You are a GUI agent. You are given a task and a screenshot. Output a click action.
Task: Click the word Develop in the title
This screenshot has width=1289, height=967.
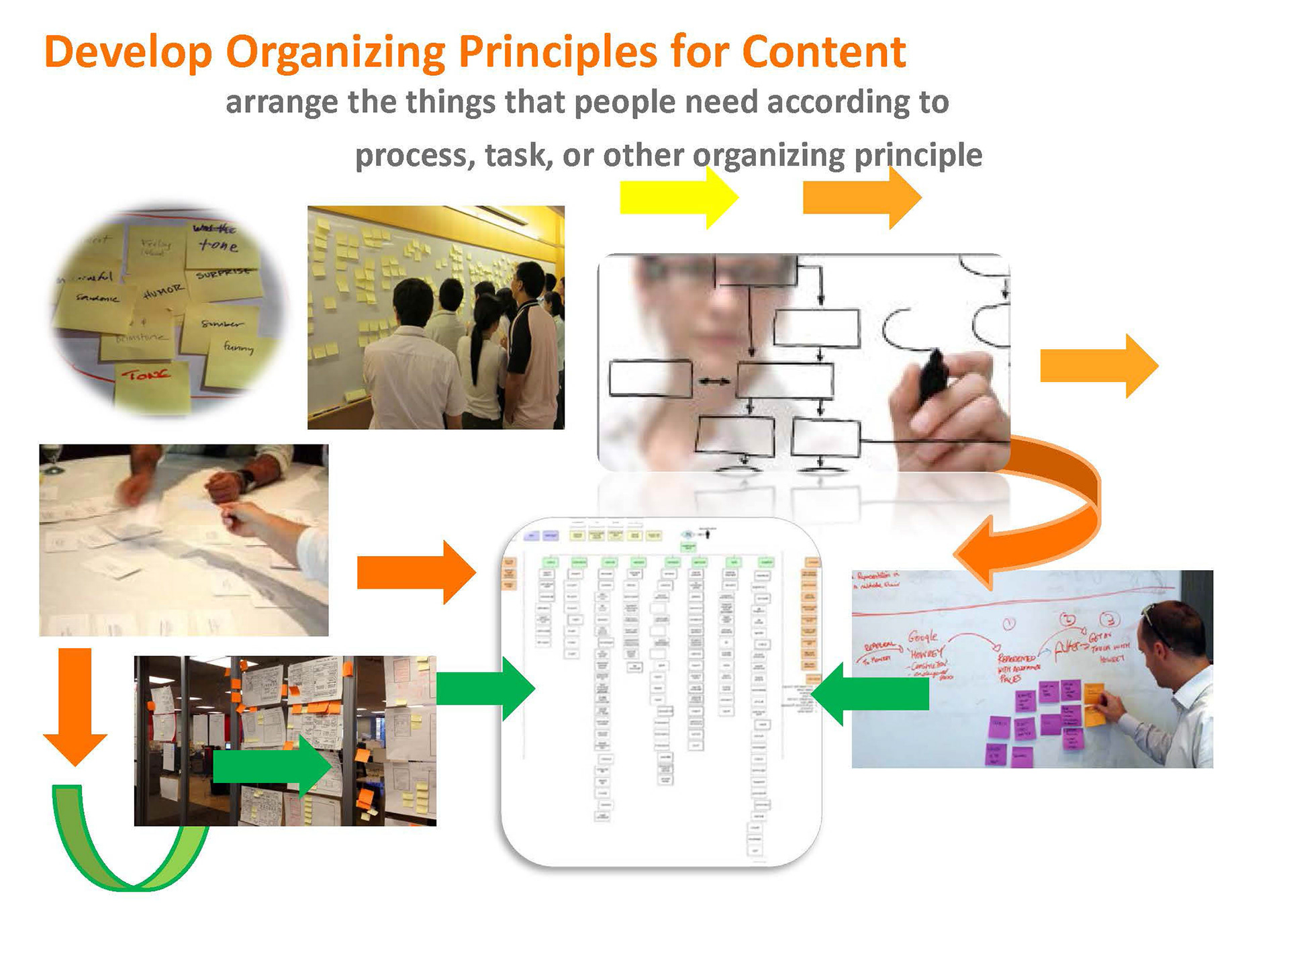coord(128,52)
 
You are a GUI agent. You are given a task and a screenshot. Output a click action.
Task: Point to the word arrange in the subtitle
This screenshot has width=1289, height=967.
coord(281,102)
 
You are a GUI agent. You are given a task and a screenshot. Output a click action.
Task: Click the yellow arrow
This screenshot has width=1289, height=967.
coord(678,198)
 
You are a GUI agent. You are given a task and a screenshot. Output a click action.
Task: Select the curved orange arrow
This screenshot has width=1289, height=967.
coord(1047,517)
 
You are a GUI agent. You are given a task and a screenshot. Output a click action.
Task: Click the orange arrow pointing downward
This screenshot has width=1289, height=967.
coord(75,705)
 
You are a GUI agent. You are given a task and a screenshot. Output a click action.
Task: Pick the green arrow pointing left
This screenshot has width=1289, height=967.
coord(873,694)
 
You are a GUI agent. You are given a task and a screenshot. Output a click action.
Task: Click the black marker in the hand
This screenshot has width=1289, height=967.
coord(933,376)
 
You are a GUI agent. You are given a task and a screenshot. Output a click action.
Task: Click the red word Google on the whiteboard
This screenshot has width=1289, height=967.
coord(923,637)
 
